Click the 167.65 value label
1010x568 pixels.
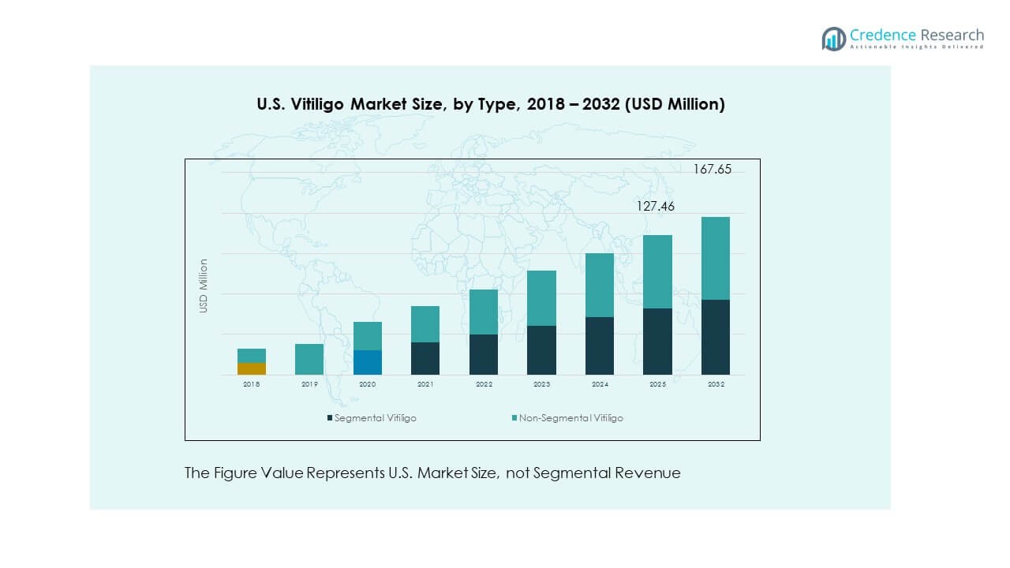[713, 169]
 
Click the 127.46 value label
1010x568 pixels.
[656, 207]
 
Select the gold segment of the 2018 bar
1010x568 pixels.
[251, 368]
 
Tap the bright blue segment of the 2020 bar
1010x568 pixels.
[368, 362]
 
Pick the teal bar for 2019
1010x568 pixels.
[309, 359]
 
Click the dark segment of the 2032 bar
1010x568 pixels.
[715, 337]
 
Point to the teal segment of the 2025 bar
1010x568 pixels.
[657, 271]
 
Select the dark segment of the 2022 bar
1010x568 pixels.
[484, 354]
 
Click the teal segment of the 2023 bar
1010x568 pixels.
[541, 298]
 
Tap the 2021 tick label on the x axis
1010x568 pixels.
[425, 384]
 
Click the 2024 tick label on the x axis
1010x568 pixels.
[599, 384]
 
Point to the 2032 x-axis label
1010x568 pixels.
[716, 384]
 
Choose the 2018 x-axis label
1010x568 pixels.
[251, 384]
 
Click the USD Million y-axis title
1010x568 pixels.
[203, 286]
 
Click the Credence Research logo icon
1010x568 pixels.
[833, 39]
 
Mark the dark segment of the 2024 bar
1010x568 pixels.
[600, 346]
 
